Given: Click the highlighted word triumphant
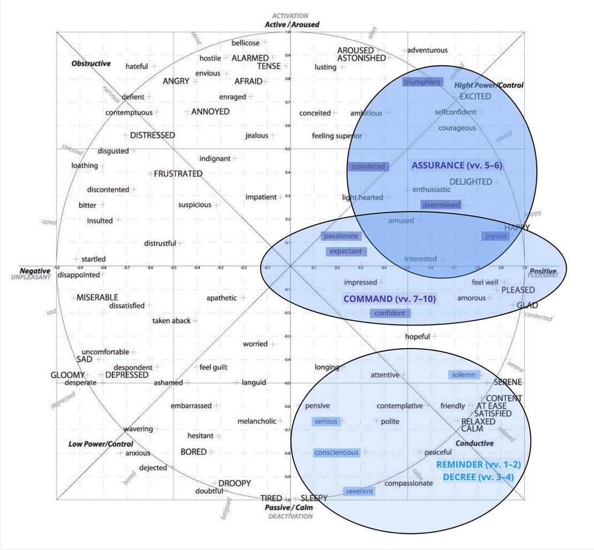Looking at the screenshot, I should [x=423, y=82].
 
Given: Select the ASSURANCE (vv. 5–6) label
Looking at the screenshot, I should [x=456, y=165].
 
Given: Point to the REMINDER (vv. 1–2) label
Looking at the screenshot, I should [x=478, y=464].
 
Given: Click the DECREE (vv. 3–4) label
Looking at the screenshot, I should [x=478, y=477].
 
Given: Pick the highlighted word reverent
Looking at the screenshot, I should [x=360, y=492].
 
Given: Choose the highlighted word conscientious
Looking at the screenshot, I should [x=337, y=453].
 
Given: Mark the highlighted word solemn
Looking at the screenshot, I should [x=463, y=375].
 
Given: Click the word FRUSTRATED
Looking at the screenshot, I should [x=178, y=174].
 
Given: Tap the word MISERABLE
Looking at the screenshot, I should [x=97, y=297].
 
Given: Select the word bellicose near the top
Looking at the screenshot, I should [x=246, y=43].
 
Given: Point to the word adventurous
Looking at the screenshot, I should [x=428, y=50].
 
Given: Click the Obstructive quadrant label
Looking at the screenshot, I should [x=91, y=63].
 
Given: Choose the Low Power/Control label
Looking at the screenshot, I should [x=101, y=444].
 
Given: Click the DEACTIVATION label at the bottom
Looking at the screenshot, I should [x=290, y=516].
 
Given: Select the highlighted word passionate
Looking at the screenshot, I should [x=341, y=236].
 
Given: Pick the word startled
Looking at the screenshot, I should [x=94, y=259].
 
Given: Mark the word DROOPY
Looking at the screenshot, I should [x=234, y=483].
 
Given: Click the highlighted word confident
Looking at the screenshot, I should [x=390, y=313].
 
